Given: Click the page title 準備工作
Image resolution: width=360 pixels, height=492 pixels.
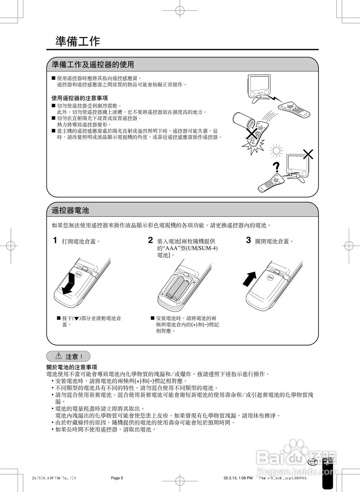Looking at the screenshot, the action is coord(78,42).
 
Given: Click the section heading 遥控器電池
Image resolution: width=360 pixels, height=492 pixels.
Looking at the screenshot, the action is coord(70,210).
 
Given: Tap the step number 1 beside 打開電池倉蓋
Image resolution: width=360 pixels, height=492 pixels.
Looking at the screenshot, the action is coord(55,241).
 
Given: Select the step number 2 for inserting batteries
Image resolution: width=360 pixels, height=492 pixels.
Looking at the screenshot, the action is coord(151,241).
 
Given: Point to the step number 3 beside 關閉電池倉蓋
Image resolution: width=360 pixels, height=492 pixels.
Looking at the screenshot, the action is coord(249,241).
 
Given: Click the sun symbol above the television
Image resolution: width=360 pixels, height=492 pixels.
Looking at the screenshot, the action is coord(275,150).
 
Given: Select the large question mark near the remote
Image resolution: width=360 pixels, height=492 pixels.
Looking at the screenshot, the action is coord(275,168).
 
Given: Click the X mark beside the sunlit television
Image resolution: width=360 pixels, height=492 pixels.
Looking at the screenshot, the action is coord(308,155).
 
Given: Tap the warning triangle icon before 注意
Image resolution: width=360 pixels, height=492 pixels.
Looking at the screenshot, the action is coord(59,356).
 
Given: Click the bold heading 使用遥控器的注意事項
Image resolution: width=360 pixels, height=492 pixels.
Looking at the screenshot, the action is coord(80,98).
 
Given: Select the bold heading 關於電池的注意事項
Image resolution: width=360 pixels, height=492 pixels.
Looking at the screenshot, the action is coord(71,367).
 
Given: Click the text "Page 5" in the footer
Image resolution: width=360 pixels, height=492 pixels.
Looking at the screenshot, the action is coord(117,478).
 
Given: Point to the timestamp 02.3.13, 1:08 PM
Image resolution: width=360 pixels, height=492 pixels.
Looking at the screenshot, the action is coord(238,478).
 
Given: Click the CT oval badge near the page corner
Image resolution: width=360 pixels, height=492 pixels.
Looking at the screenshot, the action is coord(313,462).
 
